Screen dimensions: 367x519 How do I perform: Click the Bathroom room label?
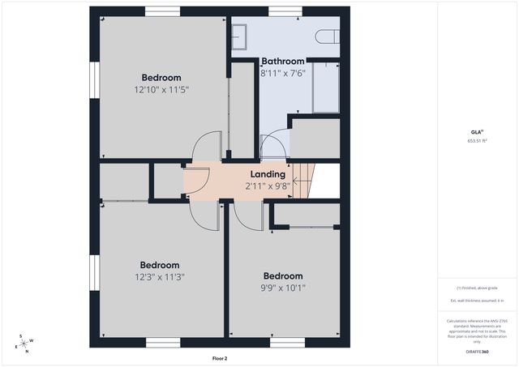point(282,61)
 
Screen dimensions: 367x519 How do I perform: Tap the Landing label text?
point(267,173)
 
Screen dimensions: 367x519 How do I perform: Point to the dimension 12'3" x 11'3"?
point(160,276)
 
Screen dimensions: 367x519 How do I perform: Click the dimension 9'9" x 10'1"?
point(283,287)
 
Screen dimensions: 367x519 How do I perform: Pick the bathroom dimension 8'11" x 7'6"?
point(283,72)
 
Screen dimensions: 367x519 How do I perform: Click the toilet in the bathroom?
point(326,36)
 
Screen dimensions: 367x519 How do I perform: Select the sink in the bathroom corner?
point(240,36)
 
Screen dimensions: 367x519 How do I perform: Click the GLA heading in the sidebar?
point(476,131)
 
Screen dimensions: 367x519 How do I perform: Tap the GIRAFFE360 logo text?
point(476,352)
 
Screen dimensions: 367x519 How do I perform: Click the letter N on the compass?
point(26,352)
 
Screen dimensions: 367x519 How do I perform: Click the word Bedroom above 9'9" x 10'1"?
point(283,275)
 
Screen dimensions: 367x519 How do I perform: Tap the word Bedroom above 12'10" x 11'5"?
point(161,78)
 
